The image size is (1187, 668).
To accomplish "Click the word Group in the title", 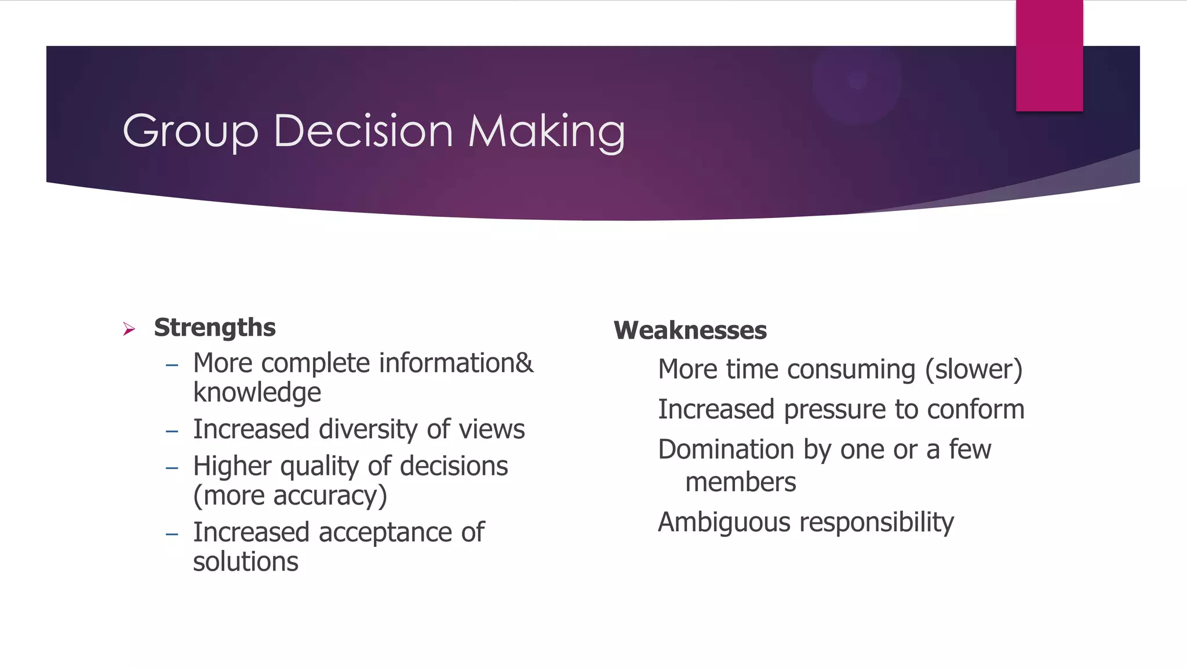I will [x=190, y=132].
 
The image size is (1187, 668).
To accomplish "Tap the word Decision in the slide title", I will [x=363, y=131].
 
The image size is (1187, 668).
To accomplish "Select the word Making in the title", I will [x=547, y=132].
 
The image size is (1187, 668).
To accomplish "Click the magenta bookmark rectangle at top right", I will [x=1049, y=56].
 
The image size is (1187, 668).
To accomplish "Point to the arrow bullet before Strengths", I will [x=129, y=329].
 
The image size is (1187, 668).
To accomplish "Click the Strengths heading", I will [x=214, y=328].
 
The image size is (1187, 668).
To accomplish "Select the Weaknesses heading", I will [x=690, y=331].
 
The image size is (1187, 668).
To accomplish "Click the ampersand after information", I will [x=524, y=364].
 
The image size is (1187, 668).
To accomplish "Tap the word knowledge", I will [x=257, y=393].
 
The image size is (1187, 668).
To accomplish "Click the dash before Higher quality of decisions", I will [x=172, y=467].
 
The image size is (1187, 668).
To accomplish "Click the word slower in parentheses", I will [x=974, y=369].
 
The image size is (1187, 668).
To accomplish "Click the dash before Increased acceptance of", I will [x=172, y=533].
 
